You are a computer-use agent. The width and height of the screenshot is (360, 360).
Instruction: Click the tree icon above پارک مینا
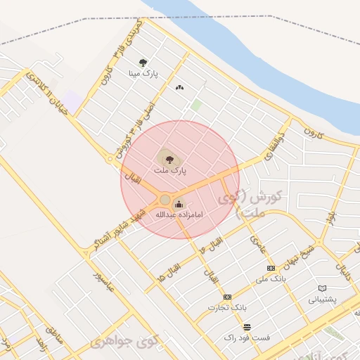click(x=143, y=63)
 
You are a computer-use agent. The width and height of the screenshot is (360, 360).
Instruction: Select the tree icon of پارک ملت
click(x=169, y=160)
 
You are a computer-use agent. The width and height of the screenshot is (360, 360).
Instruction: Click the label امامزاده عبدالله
click(x=179, y=214)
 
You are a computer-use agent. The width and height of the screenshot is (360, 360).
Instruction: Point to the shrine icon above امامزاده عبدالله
click(x=177, y=205)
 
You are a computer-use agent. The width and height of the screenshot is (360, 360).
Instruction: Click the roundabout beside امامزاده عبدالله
click(x=165, y=200)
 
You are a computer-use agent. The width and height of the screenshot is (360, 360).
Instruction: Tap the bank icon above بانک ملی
click(x=271, y=269)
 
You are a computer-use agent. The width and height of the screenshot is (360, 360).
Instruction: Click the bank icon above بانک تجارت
click(x=227, y=297)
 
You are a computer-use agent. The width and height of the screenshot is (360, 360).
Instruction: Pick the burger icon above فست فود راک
click(x=247, y=327)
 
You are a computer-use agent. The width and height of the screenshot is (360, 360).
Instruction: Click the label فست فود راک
click(x=247, y=337)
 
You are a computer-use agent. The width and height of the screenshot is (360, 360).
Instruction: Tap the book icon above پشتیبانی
click(x=322, y=288)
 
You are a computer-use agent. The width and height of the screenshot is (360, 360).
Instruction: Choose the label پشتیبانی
click(x=322, y=299)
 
